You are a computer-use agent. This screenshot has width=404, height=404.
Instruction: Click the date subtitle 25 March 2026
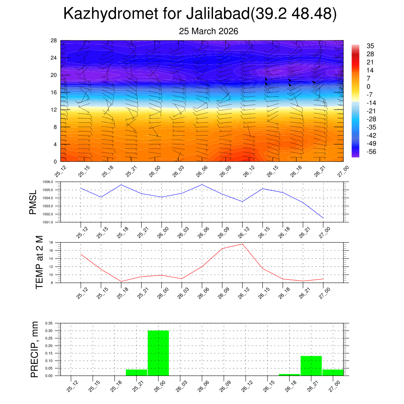tap(208, 31)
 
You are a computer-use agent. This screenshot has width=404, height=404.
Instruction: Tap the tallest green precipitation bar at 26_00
tap(158, 353)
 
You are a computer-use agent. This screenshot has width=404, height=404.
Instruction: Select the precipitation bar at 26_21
tap(311, 366)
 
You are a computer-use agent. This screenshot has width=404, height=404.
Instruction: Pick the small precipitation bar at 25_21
tap(137, 372)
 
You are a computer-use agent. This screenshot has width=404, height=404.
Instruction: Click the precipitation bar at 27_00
tap(333, 372)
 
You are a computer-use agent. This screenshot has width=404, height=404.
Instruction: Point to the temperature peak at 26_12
tap(242, 244)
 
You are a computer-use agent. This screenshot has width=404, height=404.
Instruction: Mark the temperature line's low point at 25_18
tap(121, 281)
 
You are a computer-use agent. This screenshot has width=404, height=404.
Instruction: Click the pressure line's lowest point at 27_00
tap(323, 218)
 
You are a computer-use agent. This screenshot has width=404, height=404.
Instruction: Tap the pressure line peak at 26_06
tap(202, 185)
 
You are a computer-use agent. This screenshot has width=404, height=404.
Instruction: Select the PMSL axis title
tap(33, 202)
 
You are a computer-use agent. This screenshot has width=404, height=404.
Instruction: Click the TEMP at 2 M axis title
tap(39, 262)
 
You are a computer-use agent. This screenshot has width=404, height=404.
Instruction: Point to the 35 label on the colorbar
tap(370, 46)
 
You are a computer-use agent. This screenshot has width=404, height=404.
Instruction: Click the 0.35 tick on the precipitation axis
tap(49, 323)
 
